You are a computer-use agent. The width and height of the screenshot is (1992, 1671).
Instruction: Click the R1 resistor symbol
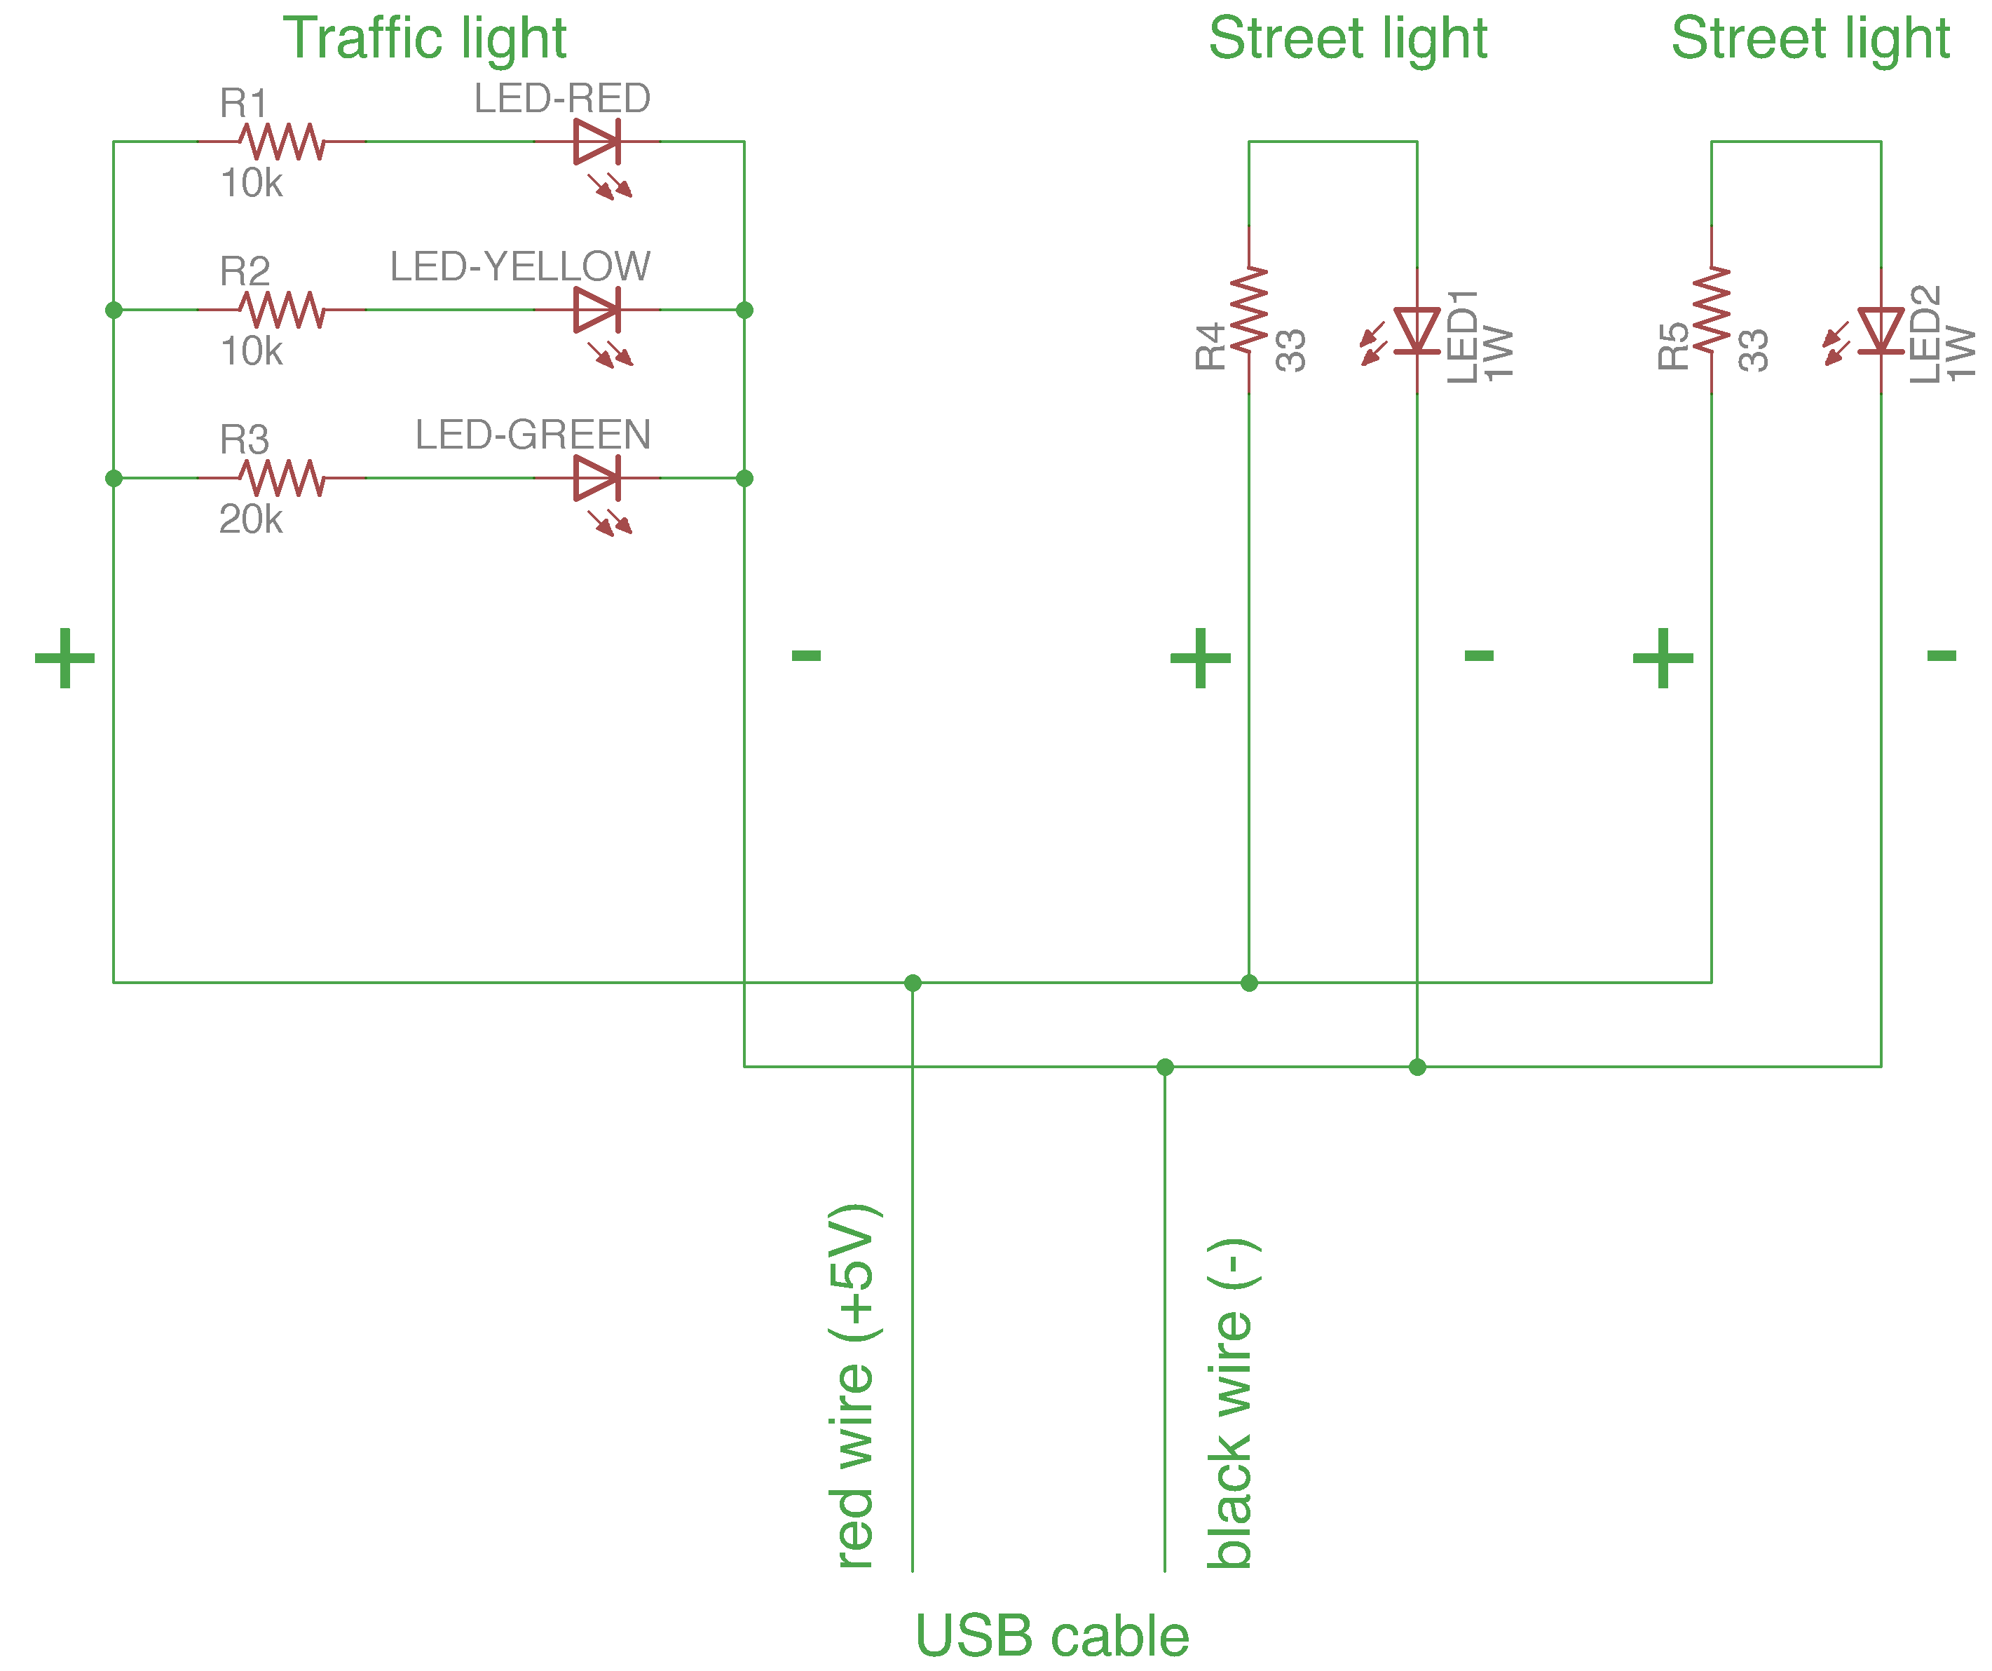(x=282, y=142)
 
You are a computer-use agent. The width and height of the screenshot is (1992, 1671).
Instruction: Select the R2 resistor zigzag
(x=282, y=309)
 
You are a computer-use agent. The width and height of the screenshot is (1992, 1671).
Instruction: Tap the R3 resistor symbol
(x=282, y=478)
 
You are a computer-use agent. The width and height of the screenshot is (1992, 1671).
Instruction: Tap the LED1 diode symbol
(x=1417, y=331)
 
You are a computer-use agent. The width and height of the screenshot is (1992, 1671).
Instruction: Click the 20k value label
(x=250, y=519)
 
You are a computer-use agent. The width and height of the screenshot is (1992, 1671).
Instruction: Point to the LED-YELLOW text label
(x=520, y=266)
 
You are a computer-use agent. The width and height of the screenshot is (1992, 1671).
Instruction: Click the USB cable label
(x=1052, y=1637)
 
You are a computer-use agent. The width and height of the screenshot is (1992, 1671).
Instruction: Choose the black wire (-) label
(x=1230, y=1403)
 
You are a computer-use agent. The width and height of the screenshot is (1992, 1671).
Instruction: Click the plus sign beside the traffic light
(x=64, y=657)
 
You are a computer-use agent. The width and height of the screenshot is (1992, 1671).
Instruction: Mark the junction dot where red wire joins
(x=913, y=983)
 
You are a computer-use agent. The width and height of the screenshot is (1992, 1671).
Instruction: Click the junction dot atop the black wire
(x=1165, y=1067)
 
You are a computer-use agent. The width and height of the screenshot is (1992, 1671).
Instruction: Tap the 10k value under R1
(x=250, y=183)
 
